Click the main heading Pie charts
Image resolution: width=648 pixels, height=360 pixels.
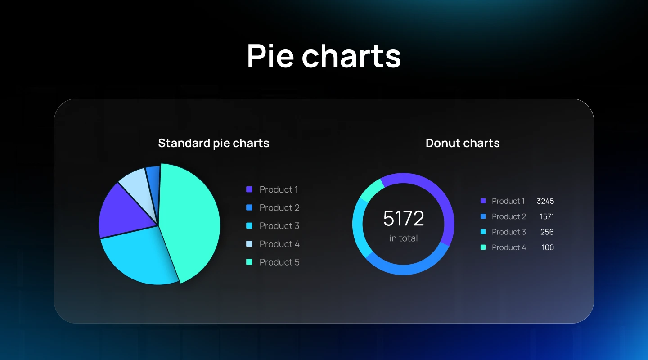coord(324,56)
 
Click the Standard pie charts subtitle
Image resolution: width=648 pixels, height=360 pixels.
coord(214,143)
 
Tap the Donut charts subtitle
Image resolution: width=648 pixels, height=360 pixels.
coord(463,143)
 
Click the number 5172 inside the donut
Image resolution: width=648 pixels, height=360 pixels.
coord(404,218)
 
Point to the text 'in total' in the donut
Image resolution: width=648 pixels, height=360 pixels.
coord(404,238)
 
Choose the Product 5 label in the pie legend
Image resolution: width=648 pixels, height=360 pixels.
coord(279,262)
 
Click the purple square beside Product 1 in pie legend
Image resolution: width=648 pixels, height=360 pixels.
coord(249,189)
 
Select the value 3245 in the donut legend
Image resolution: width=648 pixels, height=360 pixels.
coord(545,201)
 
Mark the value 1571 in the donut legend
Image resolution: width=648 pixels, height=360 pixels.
coord(547,216)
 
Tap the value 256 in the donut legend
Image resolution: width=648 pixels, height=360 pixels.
coord(547,232)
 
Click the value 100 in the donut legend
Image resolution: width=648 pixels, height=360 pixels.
coord(548,247)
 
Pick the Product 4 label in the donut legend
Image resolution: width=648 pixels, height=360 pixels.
coord(508,247)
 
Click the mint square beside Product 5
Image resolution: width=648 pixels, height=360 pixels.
coord(249,262)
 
